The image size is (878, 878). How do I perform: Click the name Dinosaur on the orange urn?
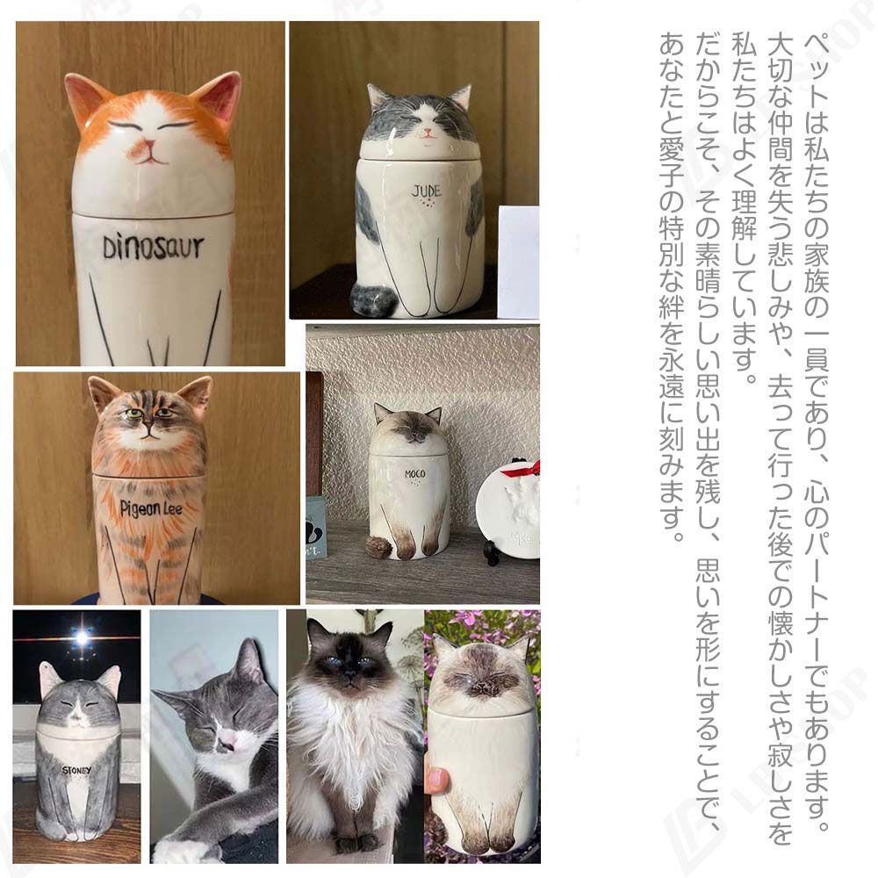(153, 248)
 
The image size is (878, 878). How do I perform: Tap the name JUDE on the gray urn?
(427, 191)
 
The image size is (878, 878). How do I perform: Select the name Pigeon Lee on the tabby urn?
(151, 508)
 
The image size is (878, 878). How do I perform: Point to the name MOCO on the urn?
(415, 474)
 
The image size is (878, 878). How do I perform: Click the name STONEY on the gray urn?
(76, 771)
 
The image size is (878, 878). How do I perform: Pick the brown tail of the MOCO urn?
(379, 546)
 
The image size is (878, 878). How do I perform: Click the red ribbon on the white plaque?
(523, 469)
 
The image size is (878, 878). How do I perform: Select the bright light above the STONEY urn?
(83, 637)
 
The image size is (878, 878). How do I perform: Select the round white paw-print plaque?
(508, 508)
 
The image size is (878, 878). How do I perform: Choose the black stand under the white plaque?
(493, 552)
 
